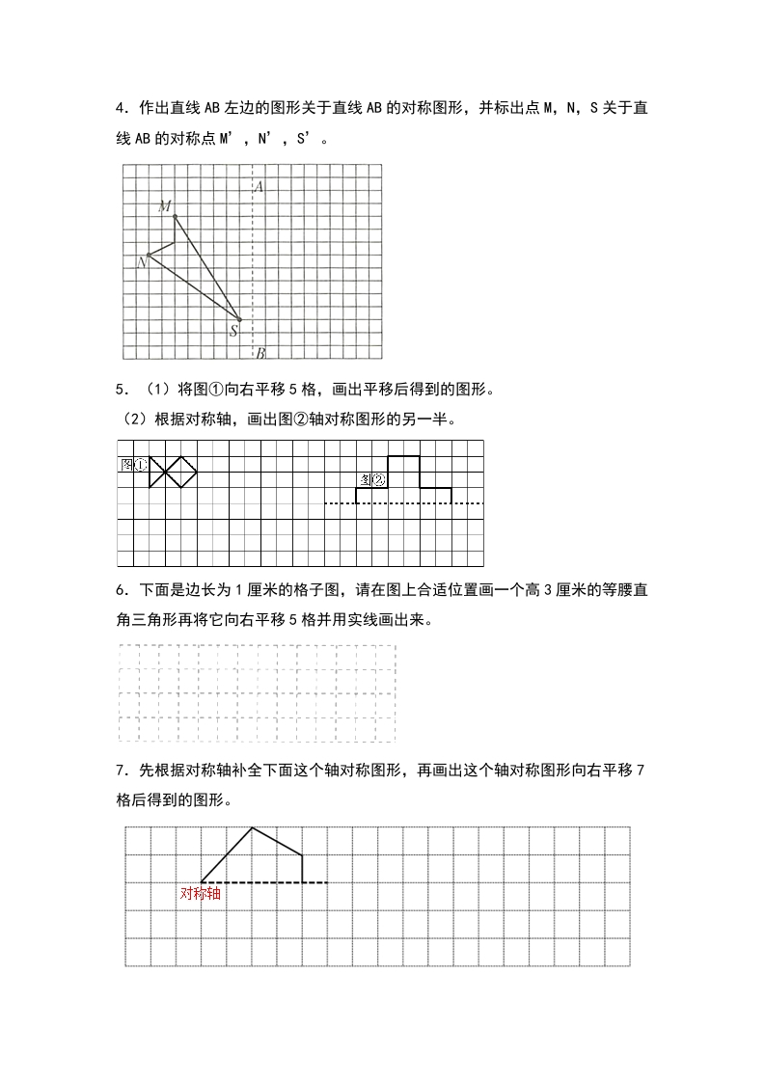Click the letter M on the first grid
(165, 205)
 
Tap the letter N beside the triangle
(142, 261)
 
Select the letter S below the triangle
(233, 331)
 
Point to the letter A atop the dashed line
(259, 187)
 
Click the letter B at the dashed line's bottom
(260, 352)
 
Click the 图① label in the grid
(134, 464)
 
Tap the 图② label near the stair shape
(372, 479)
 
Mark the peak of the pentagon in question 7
(252, 827)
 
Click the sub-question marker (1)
(158, 391)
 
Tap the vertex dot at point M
(175, 216)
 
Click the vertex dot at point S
(239, 319)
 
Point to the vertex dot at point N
(149, 256)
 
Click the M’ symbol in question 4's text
(228, 138)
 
